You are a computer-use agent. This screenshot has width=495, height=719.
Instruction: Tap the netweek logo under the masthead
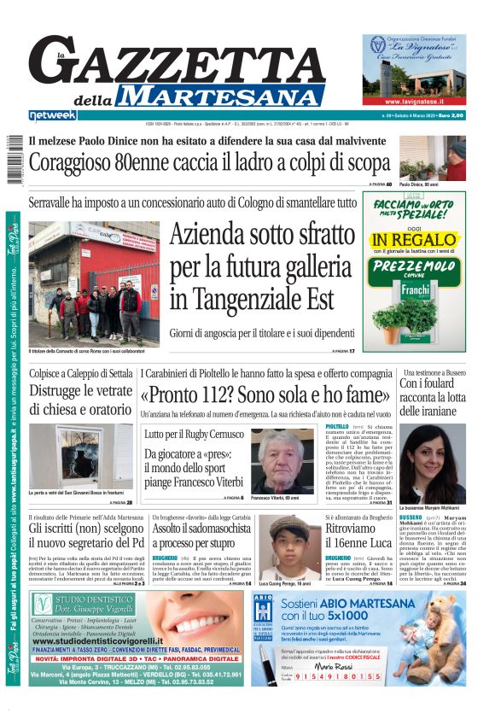coord(52,114)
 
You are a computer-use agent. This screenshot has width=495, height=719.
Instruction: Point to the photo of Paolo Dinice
coord(433,157)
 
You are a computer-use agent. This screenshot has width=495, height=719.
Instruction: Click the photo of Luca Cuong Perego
coord(289,547)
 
